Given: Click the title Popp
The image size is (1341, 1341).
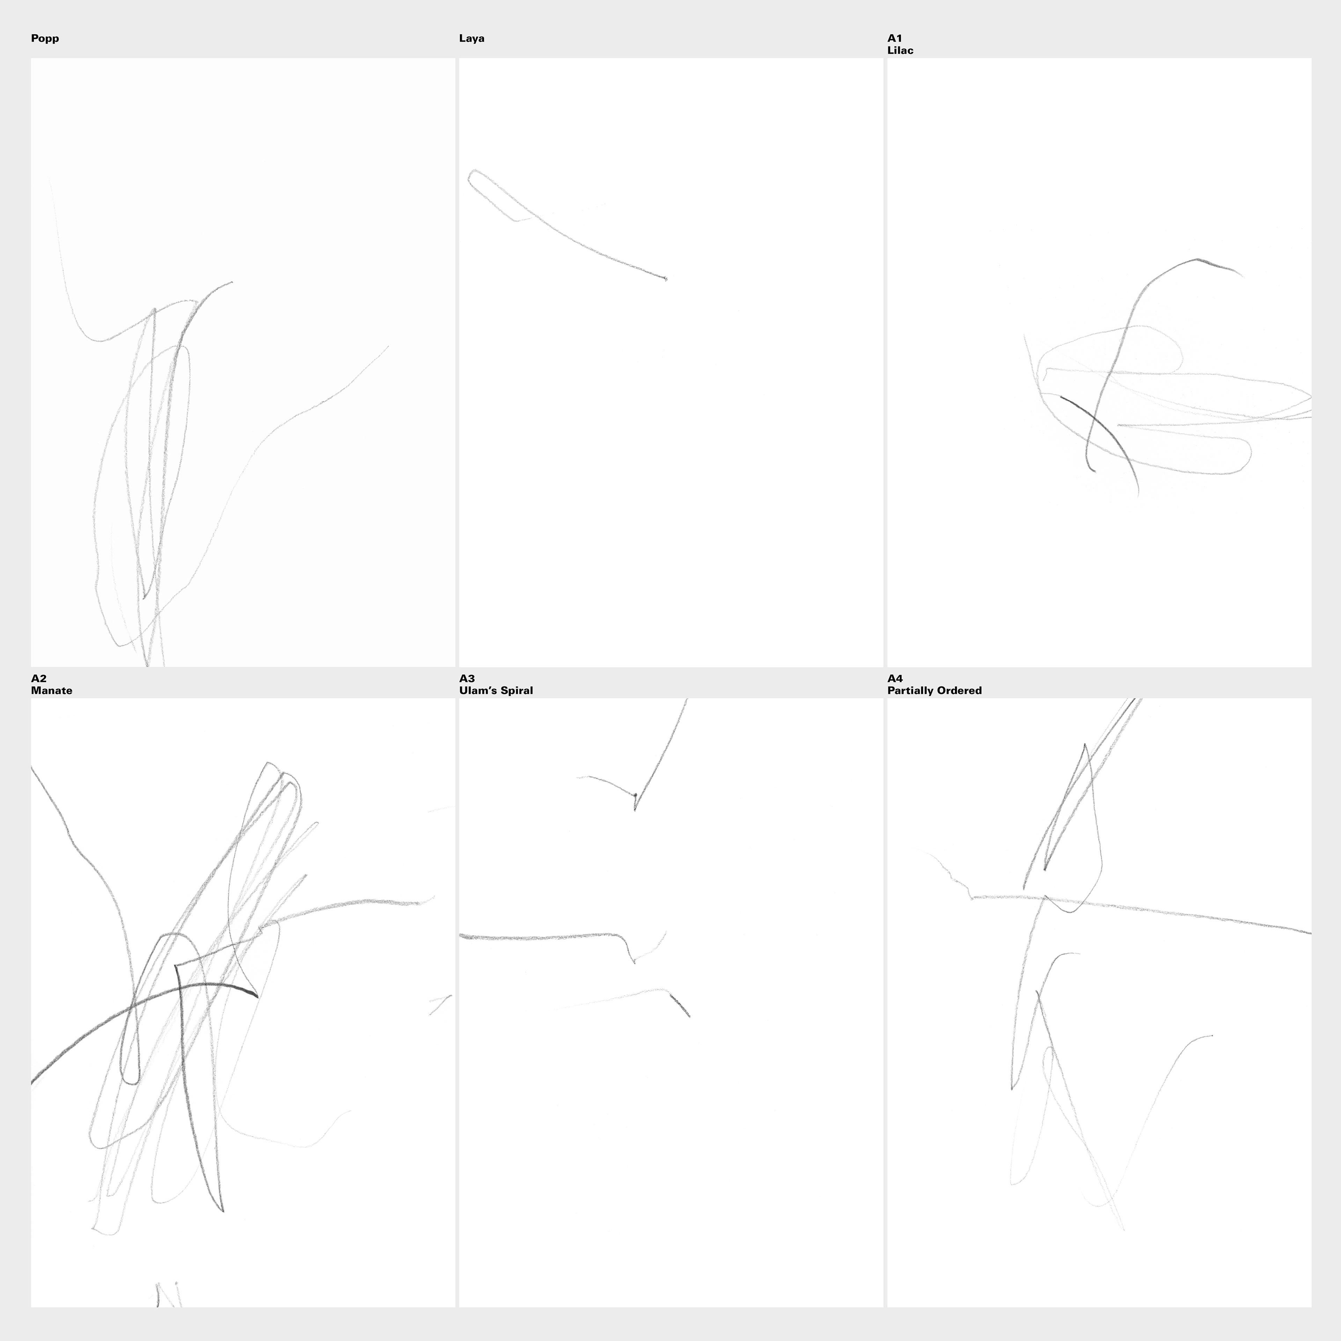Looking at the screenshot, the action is click(x=45, y=39).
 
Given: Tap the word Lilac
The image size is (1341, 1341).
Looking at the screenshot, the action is click(x=900, y=51).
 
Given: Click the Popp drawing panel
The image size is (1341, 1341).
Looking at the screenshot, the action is click(x=243, y=362).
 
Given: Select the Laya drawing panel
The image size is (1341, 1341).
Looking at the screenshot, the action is click(x=671, y=362).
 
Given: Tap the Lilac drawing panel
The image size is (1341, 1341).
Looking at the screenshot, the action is click(x=1099, y=362).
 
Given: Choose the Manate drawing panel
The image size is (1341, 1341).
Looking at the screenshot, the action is click(x=243, y=1002).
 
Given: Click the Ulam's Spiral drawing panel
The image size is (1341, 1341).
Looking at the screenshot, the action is click(x=671, y=1002).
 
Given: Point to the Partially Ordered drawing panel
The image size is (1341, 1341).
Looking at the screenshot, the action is click(x=1099, y=1002).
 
